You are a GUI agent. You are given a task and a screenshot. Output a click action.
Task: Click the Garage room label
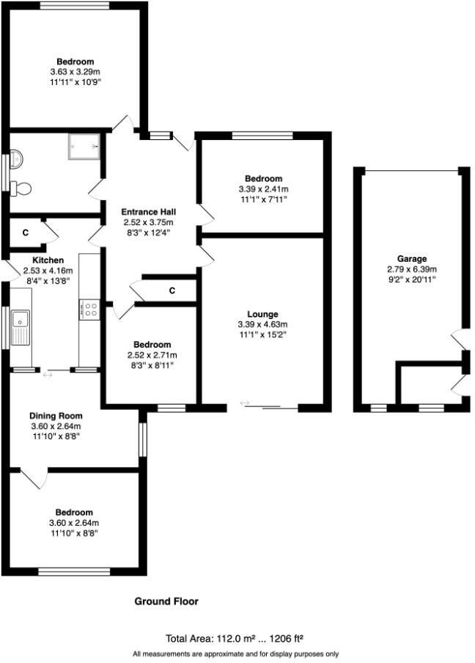410,259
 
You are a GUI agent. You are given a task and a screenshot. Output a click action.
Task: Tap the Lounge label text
262,314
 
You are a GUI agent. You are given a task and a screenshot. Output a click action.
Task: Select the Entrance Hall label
149,212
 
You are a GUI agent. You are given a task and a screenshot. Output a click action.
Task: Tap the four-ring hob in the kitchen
90,309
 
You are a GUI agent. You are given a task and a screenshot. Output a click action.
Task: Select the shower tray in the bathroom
84,146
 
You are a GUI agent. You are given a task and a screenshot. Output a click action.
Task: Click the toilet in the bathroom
21,188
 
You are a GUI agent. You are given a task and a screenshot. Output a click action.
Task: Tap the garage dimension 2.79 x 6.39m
410,269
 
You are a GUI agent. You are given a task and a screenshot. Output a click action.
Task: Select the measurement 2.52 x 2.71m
152,355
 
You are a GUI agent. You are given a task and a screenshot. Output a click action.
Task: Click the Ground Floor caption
166,601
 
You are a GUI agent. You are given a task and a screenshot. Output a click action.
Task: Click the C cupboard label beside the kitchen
25,233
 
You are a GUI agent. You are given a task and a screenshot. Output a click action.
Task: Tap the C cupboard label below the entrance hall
172,291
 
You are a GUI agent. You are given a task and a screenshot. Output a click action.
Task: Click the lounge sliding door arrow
245,403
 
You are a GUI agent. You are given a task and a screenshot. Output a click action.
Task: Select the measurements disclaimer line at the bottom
236,653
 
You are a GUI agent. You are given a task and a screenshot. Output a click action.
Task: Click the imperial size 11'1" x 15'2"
262,334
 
